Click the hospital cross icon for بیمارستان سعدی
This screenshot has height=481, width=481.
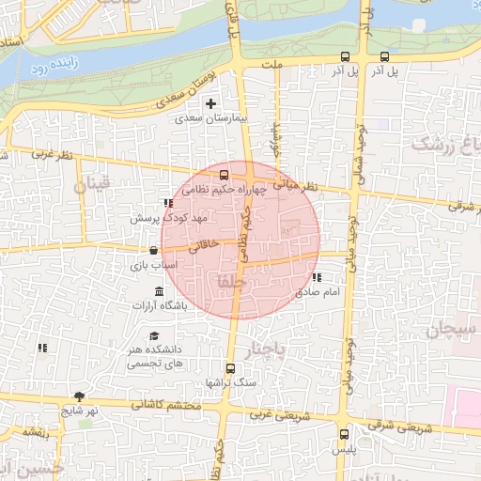pos(210,103)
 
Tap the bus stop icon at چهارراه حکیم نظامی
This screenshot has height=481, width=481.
pos(224,175)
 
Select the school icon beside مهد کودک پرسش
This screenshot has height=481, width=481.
pos(167,203)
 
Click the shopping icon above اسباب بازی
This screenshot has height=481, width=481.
pos(152,251)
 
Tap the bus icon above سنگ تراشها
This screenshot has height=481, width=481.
pos(231,368)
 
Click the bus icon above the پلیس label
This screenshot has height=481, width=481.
pos(344,435)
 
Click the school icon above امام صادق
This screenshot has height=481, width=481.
pos(317,277)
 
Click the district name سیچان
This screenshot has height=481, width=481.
pos(452,329)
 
